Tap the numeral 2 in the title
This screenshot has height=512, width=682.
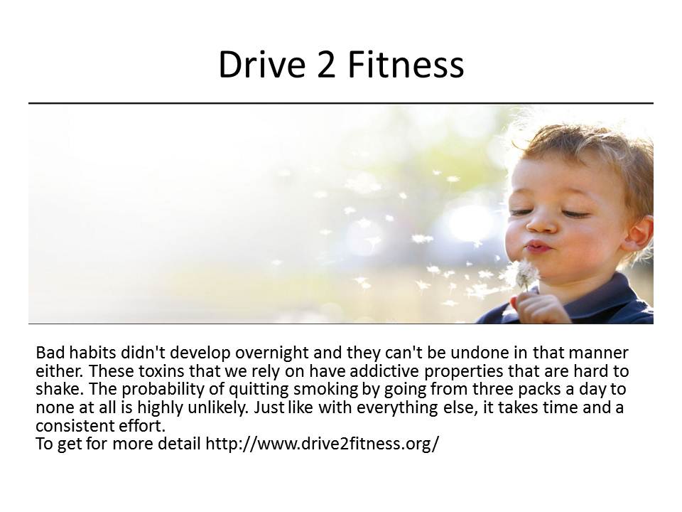point(326,65)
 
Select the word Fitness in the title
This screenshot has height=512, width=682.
point(406,65)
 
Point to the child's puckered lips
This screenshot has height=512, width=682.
point(538,247)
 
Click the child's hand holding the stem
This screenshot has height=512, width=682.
point(536,307)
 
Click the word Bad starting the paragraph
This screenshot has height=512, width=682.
point(50,352)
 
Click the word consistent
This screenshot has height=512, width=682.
point(72,426)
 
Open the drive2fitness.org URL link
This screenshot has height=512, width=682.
point(323,444)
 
